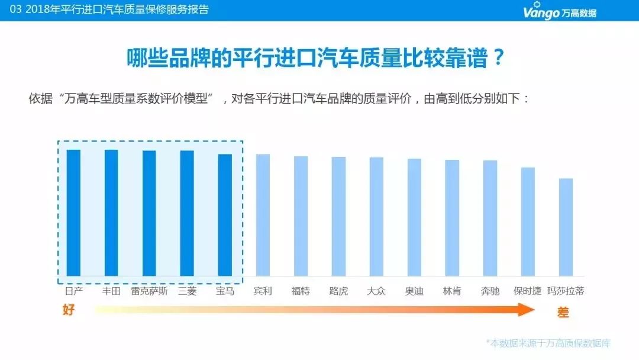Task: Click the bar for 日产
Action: (x=73, y=213)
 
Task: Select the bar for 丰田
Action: (x=111, y=213)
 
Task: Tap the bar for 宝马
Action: (x=225, y=215)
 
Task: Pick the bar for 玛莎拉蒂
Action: (x=566, y=227)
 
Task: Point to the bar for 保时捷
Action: (x=528, y=221)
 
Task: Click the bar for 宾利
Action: (x=263, y=215)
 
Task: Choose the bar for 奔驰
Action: (x=490, y=218)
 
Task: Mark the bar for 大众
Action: (x=376, y=216)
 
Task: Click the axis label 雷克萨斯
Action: (x=149, y=291)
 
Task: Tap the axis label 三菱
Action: (x=187, y=291)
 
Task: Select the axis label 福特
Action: (x=301, y=291)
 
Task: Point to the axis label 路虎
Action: (x=338, y=291)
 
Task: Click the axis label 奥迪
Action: (x=414, y=291)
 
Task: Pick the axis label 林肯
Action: (x=452, y=291)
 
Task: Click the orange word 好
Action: (x=69, y=310)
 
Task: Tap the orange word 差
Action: (x=563, y=313)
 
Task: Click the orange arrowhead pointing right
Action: (x=525, y=310)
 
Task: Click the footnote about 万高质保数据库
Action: (x=548, y=343)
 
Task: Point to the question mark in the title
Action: (x=498, y=57)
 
